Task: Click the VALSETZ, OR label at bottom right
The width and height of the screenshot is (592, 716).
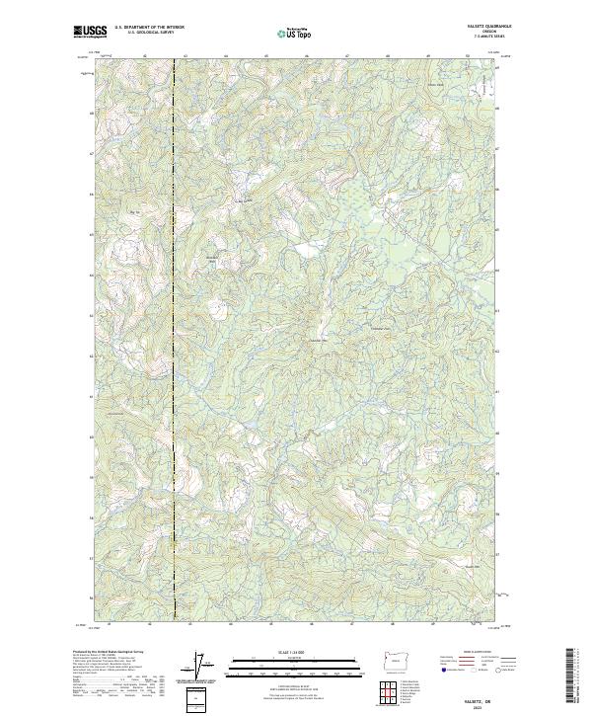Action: tap(490, 698)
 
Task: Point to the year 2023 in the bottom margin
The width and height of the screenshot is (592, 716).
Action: tap(490, 705)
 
